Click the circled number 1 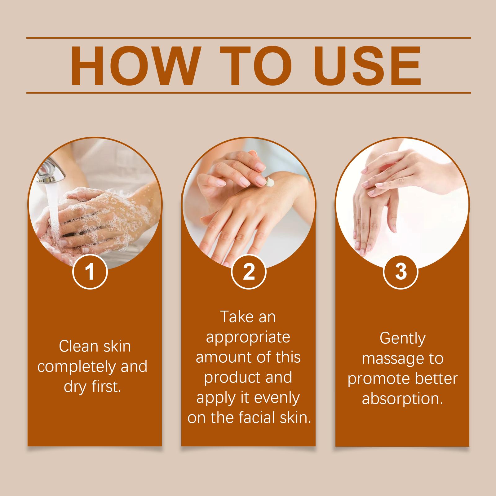click(90, 272)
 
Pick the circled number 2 click(249, 272)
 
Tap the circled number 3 click(401, 272)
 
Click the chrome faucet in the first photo click(51, 172)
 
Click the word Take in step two click(235, 317)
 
